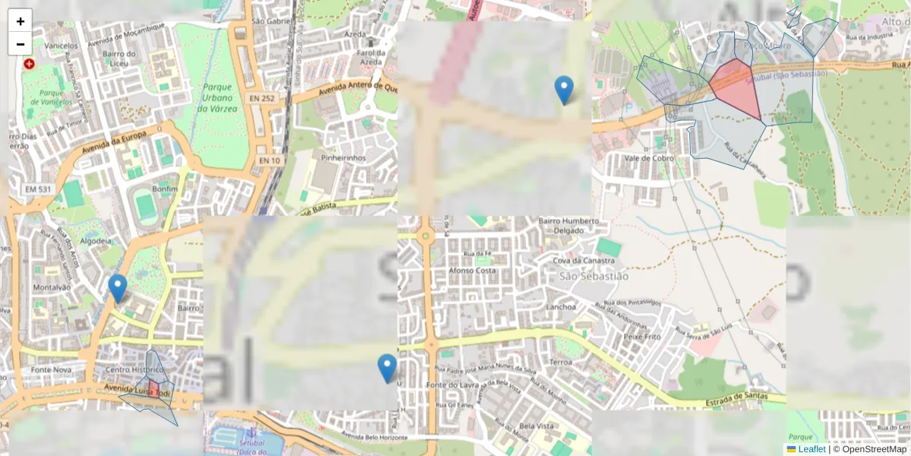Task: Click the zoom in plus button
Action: [x=20, y=21]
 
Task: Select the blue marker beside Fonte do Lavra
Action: [x=387, y=369]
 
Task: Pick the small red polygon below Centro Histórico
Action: [x=153, y=389]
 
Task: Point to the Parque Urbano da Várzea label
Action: [x=217, y=98]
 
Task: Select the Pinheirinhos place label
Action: [x=343, y=158]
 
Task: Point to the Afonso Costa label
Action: [x=472, y=271]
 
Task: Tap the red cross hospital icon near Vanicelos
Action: [x=29, y=65]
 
